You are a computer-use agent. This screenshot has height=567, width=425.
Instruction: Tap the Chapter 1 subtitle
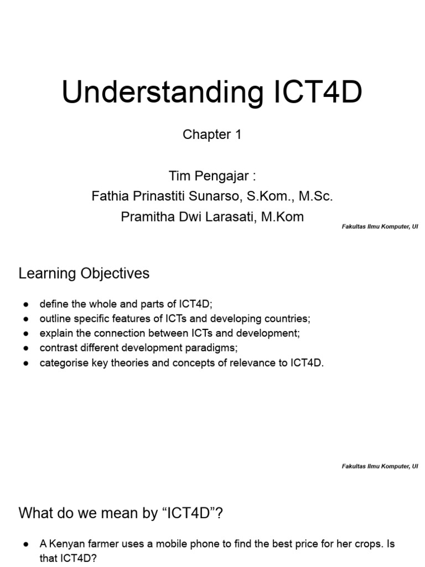pyautogui.click(x=212, y=135)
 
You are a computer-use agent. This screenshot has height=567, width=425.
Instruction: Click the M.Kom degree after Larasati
pyautogui.click(x=282, y=217)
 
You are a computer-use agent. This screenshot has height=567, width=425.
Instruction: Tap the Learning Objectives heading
pyautogui.click(x=84, y=274)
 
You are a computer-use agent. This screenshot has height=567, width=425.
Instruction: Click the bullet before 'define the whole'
pyautogui.click(x=26, y=305)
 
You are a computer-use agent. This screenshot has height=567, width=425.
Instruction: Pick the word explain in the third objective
pyautogui.click(x=54, y=334)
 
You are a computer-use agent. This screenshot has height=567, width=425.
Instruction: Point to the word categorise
pyautogui.click(x=61, y=363)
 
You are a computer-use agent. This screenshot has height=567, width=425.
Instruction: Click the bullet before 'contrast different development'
pyautogui.click(x=26, y=349)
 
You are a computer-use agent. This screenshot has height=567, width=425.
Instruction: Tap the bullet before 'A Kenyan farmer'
pyautogui.click(x=26, y=544)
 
